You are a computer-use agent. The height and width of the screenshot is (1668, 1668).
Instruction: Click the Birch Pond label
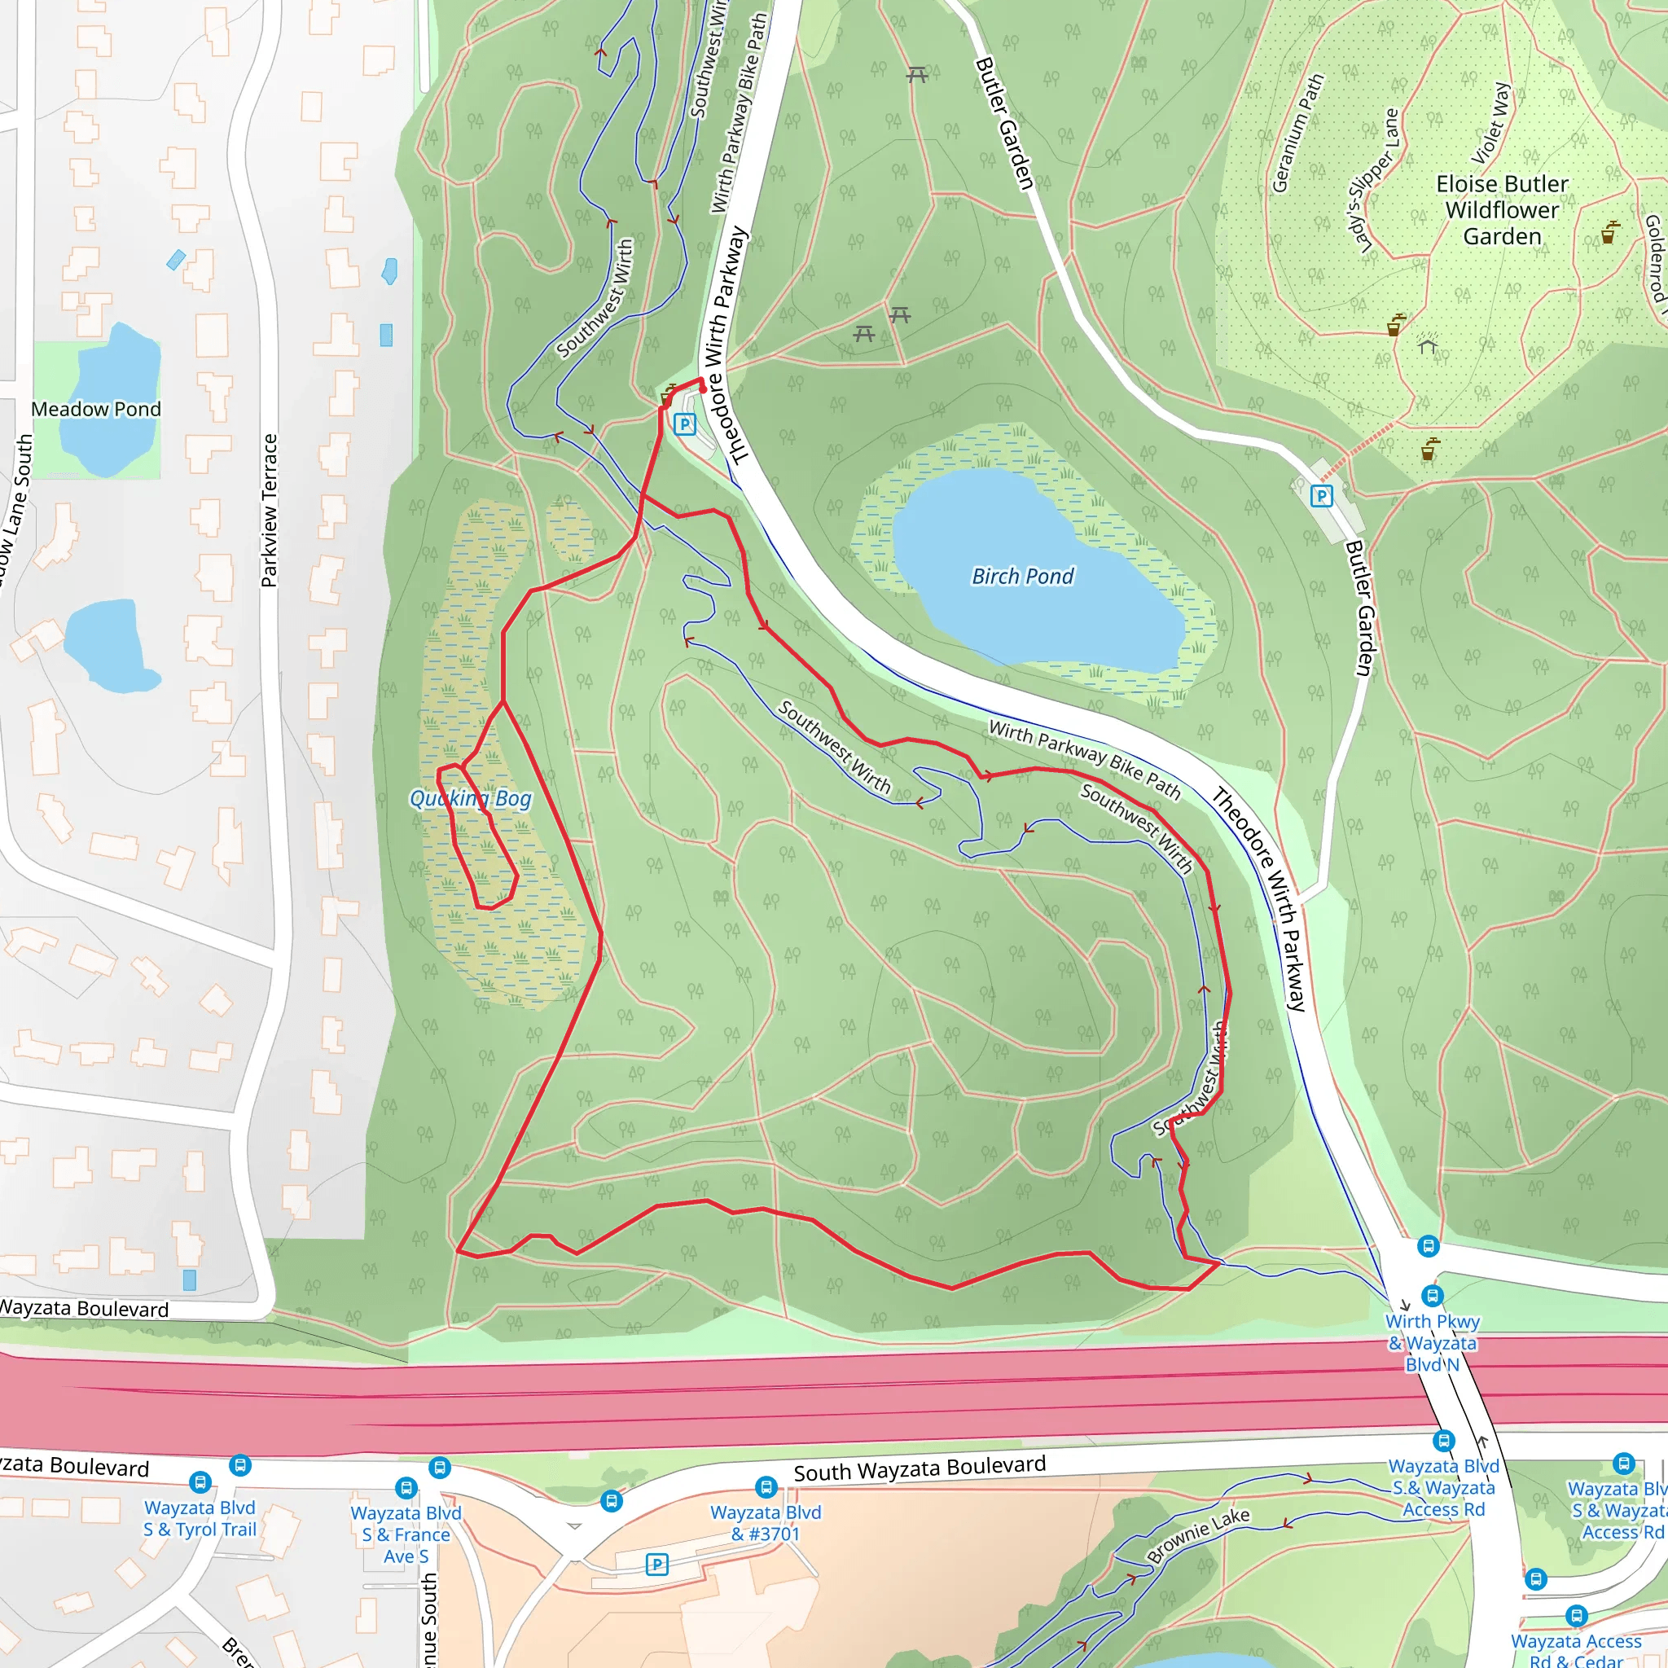(x=1022, y=576)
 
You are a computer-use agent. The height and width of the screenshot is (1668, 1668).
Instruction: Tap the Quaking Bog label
(x=471, y=799)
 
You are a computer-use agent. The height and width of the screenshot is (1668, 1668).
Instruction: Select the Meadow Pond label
(x=96, y=409)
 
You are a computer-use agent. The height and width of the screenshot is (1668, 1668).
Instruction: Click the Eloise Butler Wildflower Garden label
(x=1501, y=210)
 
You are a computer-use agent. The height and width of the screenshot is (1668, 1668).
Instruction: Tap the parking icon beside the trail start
(x=685, y=424)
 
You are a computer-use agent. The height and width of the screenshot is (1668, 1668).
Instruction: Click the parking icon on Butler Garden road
(x=1321, y=495)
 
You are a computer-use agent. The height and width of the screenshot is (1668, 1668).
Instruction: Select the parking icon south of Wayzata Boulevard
(x=657, y=1565)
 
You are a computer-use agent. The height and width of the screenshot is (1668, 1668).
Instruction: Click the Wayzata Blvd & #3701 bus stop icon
(x=766, y=1486)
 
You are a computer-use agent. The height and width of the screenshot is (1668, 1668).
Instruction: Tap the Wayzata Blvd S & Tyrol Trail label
(x=200, y=1518)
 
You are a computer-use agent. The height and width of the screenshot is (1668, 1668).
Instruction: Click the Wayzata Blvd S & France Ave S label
(x=406, y=1534)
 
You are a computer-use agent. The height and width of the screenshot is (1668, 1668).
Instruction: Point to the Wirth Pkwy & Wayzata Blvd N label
(x=1433, y=1342)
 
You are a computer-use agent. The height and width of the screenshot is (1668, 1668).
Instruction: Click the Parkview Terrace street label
(x=270, y=511)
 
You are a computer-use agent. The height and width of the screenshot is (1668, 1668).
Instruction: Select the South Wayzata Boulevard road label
(x=920, y=1468)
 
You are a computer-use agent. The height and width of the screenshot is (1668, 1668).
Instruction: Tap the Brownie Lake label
(x=1197, y=1534)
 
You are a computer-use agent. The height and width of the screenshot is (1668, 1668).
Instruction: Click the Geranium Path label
(x=1297, y=133)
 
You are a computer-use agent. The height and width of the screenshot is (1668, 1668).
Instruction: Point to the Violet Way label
(x=1491, y=124)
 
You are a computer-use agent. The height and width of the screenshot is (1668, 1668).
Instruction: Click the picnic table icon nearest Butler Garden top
(x=917, y=75)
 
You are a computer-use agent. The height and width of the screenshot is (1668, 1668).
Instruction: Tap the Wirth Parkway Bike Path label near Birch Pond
(x=1084, y=758)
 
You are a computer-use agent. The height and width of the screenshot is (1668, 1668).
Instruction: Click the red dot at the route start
(x=703, y=389)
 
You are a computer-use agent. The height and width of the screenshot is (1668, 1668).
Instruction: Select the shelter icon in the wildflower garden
(x=1427, y=346)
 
